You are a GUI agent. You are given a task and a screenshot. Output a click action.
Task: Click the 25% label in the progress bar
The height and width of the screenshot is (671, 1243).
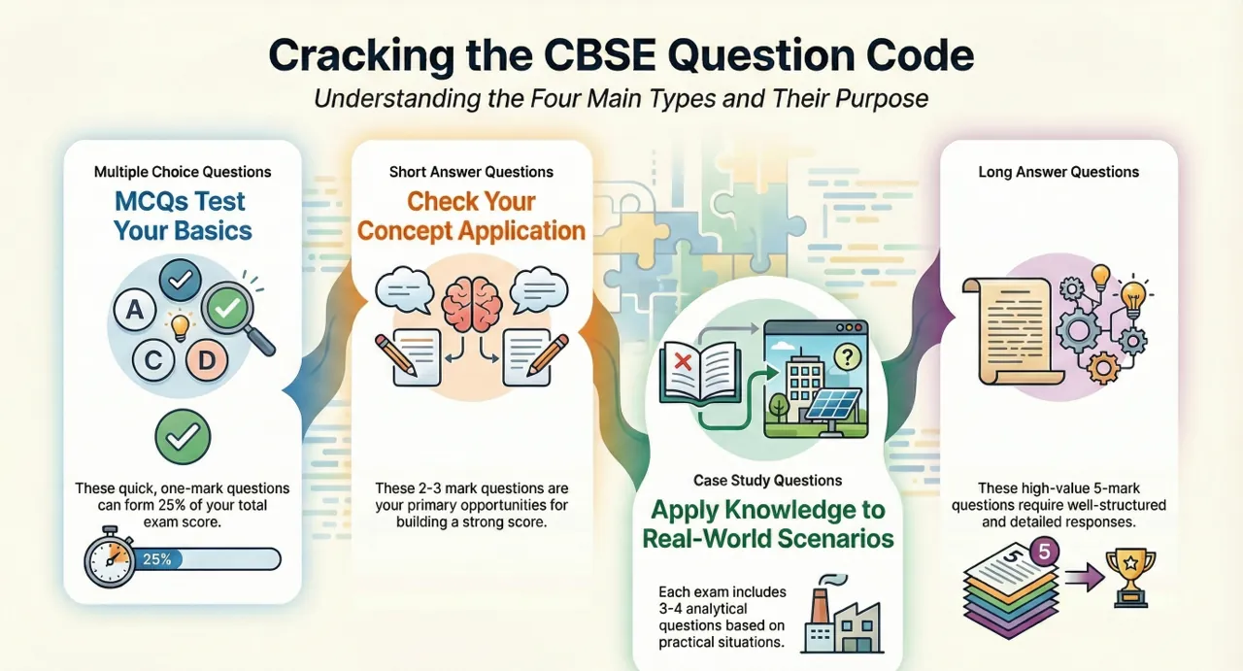(156, 559)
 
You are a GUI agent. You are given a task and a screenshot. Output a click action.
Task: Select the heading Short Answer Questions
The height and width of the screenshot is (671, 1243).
(471, 172)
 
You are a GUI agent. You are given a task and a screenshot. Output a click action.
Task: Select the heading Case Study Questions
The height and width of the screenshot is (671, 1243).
(767, 480)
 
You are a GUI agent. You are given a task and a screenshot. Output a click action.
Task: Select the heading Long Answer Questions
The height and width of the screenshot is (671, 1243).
(1058, 172)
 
